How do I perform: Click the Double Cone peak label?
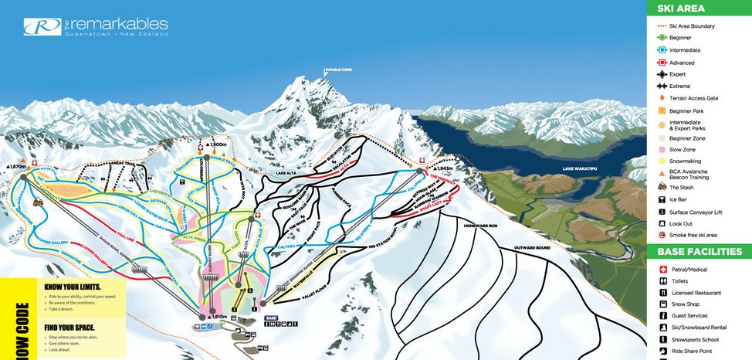(338, 70)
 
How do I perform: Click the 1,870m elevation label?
(16, 166)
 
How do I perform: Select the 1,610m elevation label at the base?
(218, 317)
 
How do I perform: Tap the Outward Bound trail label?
(531, 247)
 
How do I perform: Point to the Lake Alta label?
(287, 175)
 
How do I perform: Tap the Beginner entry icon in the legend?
(662, 38)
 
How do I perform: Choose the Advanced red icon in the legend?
(662, 63)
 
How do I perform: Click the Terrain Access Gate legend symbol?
(662, 98)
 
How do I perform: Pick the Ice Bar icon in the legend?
(662, 199)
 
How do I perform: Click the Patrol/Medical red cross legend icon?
(662, 269)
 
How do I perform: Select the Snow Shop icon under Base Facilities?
(662, 304)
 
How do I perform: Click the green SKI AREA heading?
(681, 9)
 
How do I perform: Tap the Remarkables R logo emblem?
(37, 28)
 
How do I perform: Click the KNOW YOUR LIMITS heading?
(76, 287)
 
